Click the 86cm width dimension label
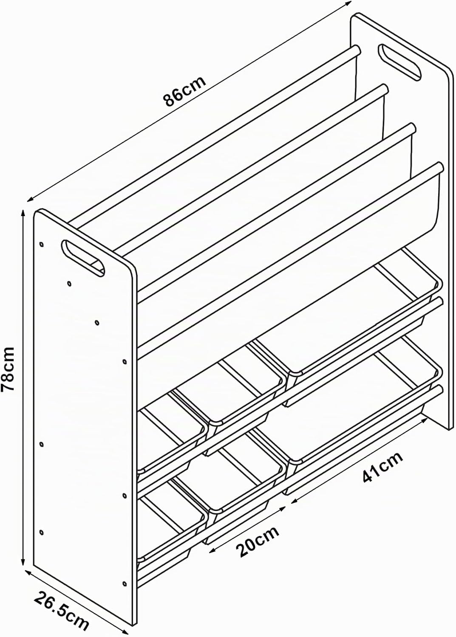[184, 91]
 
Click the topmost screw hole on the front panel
[41, 244]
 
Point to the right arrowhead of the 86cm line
[348, 3]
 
